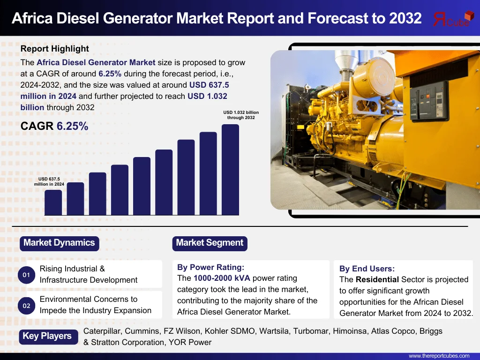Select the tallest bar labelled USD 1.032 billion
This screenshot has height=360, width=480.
coord(230,170)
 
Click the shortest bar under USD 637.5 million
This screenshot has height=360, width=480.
coord(53,202)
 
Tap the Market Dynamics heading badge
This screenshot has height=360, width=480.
coord(60,243)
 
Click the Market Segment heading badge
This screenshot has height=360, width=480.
coord(210,243)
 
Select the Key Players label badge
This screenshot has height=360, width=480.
coord(48,337)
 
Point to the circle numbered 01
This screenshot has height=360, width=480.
coord(26,275)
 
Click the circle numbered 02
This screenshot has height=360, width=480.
coord(26,306)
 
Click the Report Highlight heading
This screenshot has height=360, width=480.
coord(54,49)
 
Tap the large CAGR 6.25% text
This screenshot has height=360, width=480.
coord(54,126)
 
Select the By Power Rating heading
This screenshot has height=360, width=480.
coord(210,267)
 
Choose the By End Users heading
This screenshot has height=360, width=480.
coord(367,269)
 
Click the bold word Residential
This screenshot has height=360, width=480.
coord(377,279)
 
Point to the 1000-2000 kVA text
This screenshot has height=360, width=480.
coord(222,278)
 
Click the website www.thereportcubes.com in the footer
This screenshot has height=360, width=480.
coord(439,356)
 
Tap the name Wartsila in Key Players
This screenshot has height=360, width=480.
coord(274,331)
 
